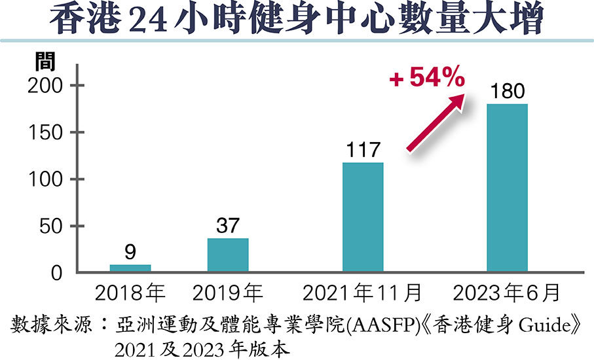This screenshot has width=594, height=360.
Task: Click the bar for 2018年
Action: [x=130, y=268]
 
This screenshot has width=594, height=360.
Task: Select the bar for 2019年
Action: [x=228, y=255]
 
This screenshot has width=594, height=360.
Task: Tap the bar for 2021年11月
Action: [x=363, y=217]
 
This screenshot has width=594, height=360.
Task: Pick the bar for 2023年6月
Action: [x=507, y=188]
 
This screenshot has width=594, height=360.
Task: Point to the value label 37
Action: [x=228, y=226]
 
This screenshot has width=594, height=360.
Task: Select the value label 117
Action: [x=363, y=151]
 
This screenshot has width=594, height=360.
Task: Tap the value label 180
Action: [x=507, y=91]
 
